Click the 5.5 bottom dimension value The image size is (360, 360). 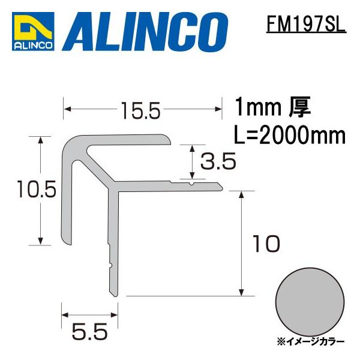tap(89, 330)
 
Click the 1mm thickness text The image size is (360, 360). tap(258, 109)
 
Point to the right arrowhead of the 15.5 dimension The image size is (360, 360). tap(218, 109)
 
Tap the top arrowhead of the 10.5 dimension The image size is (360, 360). tap(41, 140)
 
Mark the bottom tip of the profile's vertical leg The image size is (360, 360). tap(115, 294)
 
